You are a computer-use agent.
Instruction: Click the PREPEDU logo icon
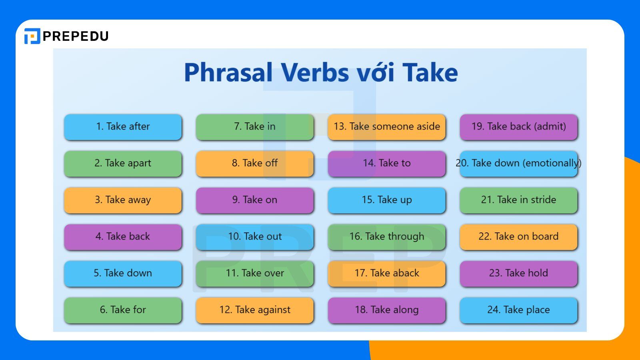click(x=32, y=36)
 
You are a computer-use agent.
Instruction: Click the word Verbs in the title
click(x=314, y=73)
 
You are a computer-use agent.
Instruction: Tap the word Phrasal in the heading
click(x=228, y=73)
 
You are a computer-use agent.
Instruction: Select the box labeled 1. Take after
click(x=123, y=127)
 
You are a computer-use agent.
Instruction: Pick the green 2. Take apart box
click(x=123, y=163)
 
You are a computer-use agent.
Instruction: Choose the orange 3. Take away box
click(x=123, y=200)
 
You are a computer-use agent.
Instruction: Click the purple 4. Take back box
click(x=123, y=237)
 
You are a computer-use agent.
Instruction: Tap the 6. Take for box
click(x=123, y=310)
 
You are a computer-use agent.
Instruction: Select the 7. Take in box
click(x=255, y=127)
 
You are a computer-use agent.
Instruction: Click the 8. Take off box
click(x=255, y=163)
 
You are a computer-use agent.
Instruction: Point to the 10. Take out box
click(x=255, y=237)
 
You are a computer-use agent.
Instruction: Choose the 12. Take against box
click(x=255, y=310)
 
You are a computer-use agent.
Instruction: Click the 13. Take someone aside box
click(x=387, y=127)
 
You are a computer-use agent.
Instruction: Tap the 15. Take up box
click(x=387, y=200)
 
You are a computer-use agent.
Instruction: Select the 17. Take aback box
click(x=387, y=273)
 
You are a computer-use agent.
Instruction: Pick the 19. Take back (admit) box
click(x=519, y=127)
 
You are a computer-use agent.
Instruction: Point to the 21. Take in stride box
click(x=519, y=200)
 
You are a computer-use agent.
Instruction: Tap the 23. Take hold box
click(x=519, y=273)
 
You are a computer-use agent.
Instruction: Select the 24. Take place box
click(x=519, y=310)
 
